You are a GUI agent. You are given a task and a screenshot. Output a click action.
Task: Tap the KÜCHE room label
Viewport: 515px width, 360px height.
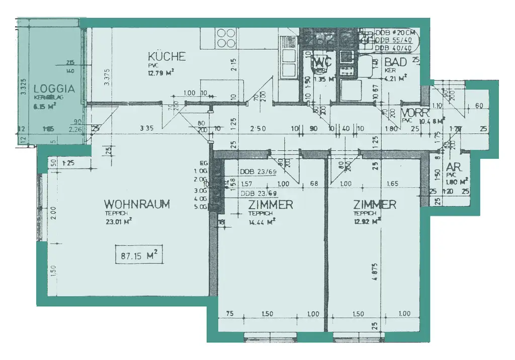(x=166, y=56)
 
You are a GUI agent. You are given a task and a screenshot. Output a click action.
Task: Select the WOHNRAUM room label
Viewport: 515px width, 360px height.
(x=137, y=204)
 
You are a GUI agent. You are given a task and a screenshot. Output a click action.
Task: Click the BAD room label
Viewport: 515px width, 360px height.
(x=395, y=62)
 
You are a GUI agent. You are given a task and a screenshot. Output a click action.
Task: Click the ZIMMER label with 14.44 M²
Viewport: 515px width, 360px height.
(x=271, y=205)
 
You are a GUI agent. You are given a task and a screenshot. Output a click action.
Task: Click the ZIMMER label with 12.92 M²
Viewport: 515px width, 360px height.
(x=374, y=205)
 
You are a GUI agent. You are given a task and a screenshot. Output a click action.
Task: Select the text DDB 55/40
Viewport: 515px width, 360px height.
(x=393, y=41)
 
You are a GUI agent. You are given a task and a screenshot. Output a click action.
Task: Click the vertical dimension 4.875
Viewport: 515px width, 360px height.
(x=374, y=276)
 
